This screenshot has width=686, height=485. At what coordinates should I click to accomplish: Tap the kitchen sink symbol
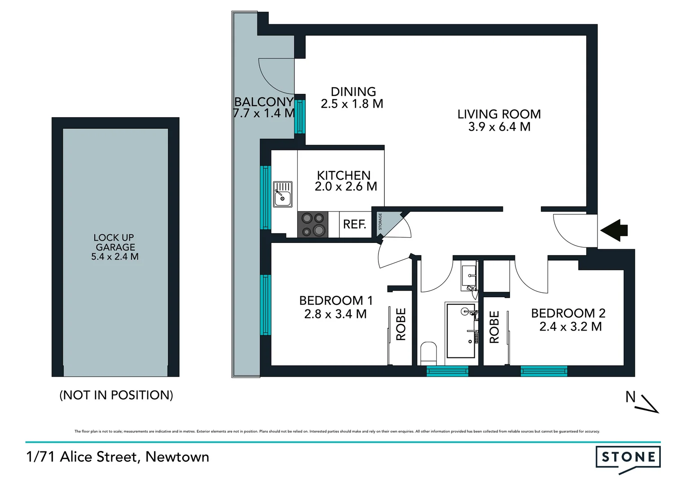point(283,194)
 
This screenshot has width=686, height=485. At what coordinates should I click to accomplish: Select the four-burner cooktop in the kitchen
point(313,225)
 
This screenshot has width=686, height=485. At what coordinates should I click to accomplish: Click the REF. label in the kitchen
point(355,224)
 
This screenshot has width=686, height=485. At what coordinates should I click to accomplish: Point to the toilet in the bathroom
point(428,353)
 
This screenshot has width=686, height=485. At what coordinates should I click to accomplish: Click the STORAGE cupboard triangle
point(385,222)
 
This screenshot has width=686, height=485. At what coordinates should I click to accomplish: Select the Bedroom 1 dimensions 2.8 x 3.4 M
point(335,314)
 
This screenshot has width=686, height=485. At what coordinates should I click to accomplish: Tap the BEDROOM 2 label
point(568,313)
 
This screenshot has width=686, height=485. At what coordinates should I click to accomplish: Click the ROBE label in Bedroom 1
point(400,324)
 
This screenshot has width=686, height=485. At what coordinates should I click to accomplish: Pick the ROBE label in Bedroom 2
point(494,327)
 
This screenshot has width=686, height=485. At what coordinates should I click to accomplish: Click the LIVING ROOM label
point(499,114)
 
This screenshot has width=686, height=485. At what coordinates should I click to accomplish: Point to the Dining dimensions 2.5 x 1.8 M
point(352,104)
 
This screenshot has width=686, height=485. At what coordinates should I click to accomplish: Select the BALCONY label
point(264,102)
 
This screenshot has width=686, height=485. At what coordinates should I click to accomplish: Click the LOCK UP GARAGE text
point(114,242)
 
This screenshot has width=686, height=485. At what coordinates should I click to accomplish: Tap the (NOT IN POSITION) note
point(116,395)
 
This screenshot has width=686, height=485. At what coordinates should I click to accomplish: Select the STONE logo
point(628,458)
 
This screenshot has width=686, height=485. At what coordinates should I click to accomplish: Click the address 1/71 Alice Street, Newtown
point(118,457)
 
